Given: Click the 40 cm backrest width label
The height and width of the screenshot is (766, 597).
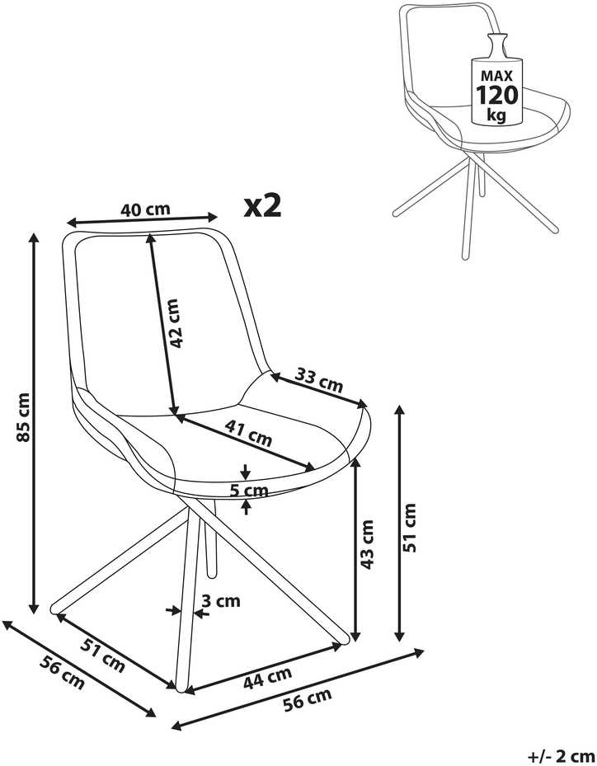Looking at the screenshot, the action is tap(145, 209).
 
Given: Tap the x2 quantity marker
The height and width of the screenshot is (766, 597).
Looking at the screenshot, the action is tap(263, 205).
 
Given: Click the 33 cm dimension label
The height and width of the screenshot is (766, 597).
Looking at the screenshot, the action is tap(319, 380).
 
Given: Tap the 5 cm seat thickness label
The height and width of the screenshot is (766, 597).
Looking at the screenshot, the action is tap(249, 490).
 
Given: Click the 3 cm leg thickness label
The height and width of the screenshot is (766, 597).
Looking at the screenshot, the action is tap(221, 600).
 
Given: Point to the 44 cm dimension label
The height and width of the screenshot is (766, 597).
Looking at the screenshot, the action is tap(267, 678).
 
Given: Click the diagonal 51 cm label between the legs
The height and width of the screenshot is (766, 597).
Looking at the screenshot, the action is tap(102, 656).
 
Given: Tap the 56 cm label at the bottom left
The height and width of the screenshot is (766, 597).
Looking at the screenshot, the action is tap(62, 673).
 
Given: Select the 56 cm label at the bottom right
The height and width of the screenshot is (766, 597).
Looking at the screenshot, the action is tap(308, 700).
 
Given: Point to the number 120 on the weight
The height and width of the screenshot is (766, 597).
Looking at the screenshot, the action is tap(497, 95).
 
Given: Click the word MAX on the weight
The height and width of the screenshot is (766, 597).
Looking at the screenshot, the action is tap(497, 76).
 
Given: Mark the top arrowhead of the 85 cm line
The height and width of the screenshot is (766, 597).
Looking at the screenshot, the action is tap(34, 238).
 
